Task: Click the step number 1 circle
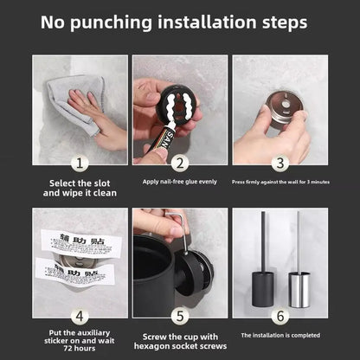[x=80, y=162]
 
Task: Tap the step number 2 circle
[x=179, y=162]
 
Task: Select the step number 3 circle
[x=279, y=162]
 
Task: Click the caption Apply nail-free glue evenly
[x=179, y=183]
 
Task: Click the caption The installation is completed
[x=279, y=334]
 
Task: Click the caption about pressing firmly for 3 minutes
[x=279, y=183]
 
